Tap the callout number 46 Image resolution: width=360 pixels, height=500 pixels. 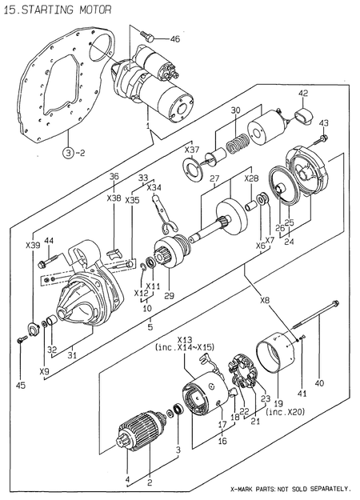[174, 39]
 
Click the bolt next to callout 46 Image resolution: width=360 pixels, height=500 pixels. [146, 34]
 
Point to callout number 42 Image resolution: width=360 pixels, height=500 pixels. [303, 94]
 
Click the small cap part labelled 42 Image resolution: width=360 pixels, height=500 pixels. [302, 118]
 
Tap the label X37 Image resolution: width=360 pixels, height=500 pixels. [192, 150]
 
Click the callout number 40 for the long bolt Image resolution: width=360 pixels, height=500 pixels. [320, 383]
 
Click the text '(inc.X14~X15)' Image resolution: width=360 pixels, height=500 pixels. [185, 347]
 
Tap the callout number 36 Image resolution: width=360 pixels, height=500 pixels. [114, 176]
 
